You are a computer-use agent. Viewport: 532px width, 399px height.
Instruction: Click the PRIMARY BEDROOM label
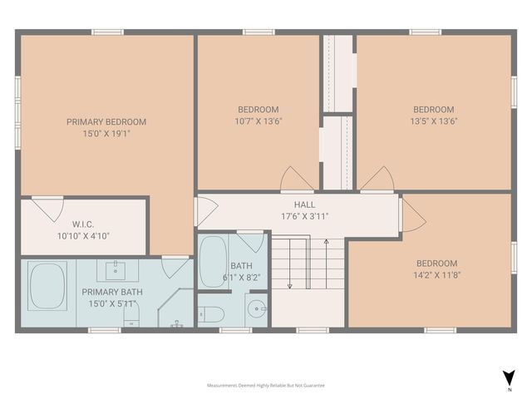(x=106, y=121)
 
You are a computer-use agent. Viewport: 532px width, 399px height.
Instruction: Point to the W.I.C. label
(x=83, y=224)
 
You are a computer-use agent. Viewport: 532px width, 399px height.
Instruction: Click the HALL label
(x=303, y=204)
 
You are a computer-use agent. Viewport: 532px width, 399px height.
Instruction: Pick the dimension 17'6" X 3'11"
(x=303, y=216)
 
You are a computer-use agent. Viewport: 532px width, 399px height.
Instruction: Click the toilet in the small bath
(x=211, y=315)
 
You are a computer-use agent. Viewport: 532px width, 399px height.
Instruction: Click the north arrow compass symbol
(x=508, y=378)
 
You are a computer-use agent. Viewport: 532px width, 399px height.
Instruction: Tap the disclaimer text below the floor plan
(x=265, y=386)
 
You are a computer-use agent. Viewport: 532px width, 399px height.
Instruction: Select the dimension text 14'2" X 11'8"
(x=436, y=275)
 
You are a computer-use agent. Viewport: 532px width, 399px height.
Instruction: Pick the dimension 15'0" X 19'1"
(x=106, y=133)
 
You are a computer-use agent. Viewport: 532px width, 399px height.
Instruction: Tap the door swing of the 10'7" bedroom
(x=297, y=178)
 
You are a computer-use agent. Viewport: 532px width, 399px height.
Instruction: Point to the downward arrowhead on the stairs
(x=290, y=286)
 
